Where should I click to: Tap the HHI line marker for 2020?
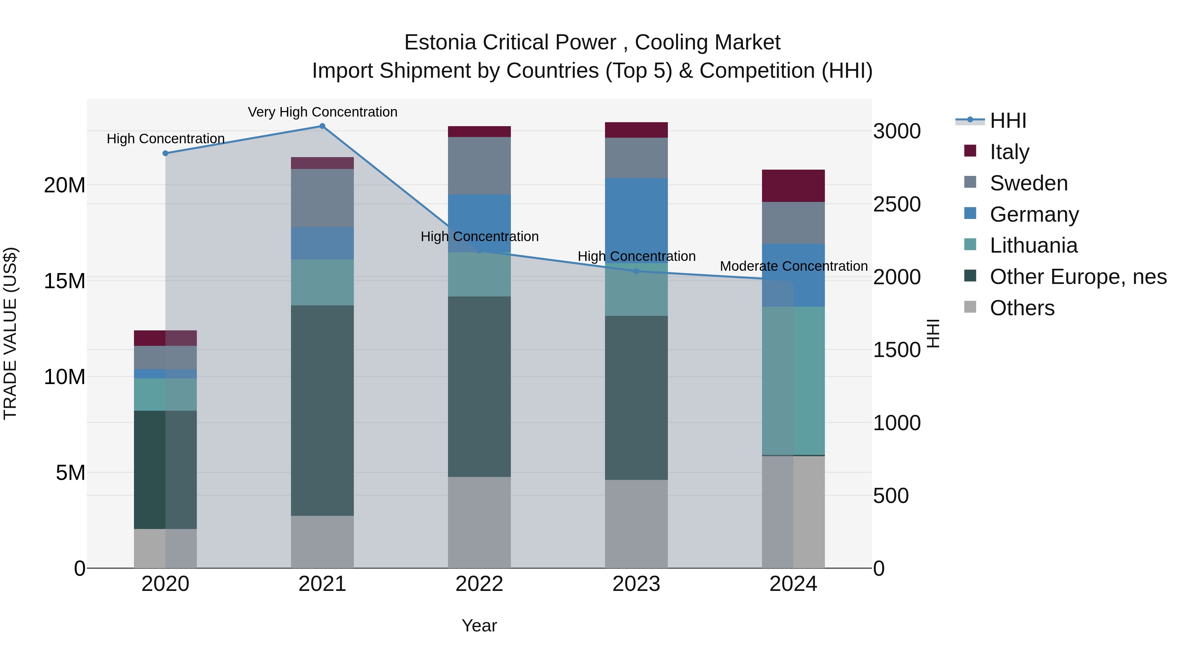click(166, 153)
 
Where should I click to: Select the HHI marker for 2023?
click(636, 271)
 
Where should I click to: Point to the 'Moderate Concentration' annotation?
click(794, 266)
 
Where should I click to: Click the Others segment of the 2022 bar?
click(479, 522)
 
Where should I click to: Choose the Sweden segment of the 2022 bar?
click(479, 166)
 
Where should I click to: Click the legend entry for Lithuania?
click(1033, 245)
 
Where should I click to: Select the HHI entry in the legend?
click(1008, 121)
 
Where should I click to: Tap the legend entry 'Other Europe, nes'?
click(1078, 277)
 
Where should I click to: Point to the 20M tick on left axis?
click(65, 185)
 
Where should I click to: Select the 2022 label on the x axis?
click(479, 584)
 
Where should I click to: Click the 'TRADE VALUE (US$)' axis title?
click(10, 333)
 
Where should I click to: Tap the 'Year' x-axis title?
click(479, 625)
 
